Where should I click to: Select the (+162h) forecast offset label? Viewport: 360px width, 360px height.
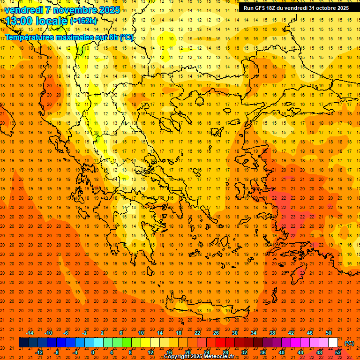[x=83, y=21]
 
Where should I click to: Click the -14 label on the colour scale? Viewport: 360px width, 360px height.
[x=30, y=333]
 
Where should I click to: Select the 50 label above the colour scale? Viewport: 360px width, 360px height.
[x=329, y=333]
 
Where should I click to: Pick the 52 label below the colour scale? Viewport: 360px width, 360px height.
[x=338, y=352]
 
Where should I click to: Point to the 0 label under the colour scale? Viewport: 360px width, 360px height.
[x=92, y=352]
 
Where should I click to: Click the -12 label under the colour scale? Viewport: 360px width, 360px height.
[x=39, y=352]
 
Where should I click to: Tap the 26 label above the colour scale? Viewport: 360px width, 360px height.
[x=216, y=333]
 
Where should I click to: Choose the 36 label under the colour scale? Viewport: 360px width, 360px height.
[x=263, y=352]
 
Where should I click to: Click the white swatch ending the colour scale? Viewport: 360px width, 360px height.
[x=333, y=343]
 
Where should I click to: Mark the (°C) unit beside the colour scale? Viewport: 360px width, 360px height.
[x=349, y=343]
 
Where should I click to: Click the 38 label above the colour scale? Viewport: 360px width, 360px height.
[x=272, y=333]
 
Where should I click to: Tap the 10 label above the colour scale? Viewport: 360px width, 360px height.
[x=141, y=333]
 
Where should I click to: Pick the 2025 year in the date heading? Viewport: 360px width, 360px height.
[x=108, y=10]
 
